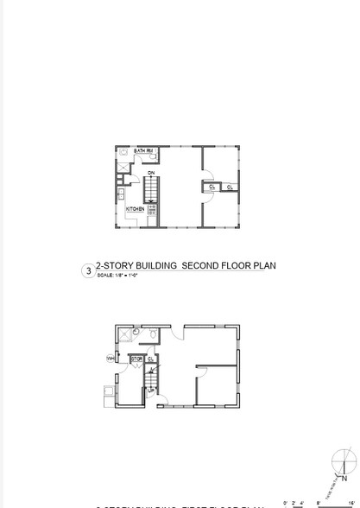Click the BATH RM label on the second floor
(x=143, y=151)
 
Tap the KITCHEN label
(x=136, y=209)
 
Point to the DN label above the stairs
(x=151, y=174)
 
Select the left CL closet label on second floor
(x=212, y=186)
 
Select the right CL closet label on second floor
(x=231, y=186)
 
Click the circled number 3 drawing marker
(x=86, y=270)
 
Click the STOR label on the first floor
(x=136, y=358)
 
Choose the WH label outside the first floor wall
(x=111, y=357)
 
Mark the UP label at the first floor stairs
(x=151, y=391)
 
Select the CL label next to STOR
(x=150, y=358)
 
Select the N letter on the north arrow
(x=343, y=478)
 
